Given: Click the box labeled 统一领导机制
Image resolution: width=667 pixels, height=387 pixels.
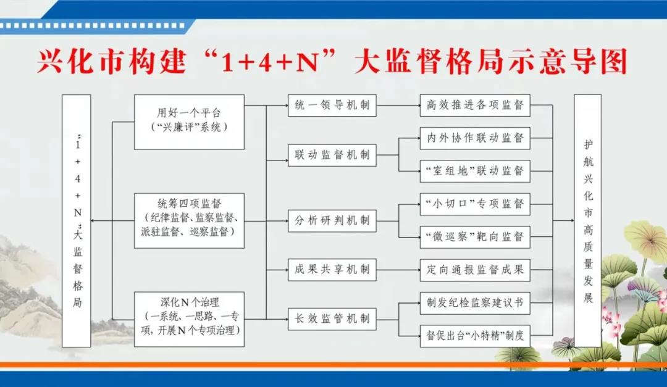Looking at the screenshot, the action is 332,106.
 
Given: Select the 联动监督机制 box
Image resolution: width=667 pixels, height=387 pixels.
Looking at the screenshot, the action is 332,155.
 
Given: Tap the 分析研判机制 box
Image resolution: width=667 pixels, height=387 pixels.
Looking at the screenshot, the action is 332,221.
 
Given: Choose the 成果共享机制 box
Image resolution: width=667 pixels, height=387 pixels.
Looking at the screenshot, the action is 332,270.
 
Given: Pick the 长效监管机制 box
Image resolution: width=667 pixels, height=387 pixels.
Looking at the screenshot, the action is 332,319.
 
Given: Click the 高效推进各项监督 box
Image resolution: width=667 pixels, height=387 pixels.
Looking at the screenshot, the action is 475,106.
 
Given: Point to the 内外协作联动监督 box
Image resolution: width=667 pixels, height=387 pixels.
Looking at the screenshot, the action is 475,138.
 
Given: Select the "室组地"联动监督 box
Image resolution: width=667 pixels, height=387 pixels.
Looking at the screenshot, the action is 475,172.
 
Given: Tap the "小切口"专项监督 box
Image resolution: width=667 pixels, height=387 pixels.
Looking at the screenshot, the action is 475,204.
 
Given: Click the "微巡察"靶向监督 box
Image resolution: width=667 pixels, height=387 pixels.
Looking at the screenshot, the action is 475,237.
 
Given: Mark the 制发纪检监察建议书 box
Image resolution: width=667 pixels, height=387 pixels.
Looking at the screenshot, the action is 475,303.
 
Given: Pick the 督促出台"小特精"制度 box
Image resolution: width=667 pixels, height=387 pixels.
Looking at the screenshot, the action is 475,336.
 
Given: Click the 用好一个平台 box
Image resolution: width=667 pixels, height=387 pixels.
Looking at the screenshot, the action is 190,122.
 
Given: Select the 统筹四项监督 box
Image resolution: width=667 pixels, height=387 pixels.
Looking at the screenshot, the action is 190,221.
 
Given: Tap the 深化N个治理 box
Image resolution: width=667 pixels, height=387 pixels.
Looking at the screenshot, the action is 190,319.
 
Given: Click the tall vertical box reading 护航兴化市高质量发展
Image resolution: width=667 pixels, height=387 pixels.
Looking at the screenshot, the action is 588,221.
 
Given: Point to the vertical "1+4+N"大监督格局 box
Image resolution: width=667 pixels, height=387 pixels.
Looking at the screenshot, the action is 77,221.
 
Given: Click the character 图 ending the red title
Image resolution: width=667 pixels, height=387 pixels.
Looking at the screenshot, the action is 614,61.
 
